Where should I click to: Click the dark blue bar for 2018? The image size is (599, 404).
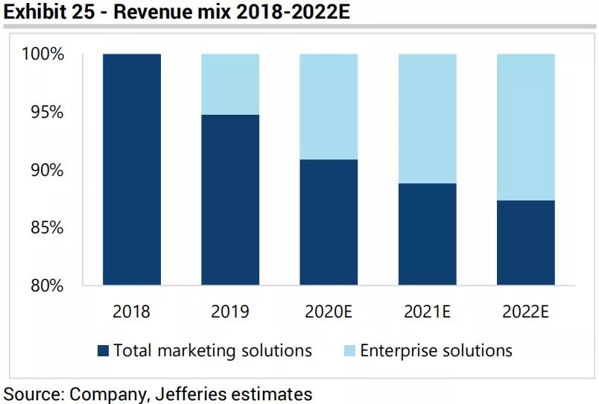(x=131, y=169)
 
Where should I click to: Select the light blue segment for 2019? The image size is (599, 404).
(x=230, y=84)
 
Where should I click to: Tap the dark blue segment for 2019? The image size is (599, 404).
(x=230, y=200)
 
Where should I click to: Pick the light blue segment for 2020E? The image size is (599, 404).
(x=329, y=107)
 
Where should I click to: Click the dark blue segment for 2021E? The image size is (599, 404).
(x=427, y=234)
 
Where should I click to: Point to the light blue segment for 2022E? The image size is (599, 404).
(x=525, y=127)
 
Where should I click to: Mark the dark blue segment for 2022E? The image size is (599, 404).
(x=525, y=242)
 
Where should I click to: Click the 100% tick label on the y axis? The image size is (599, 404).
(x=44, y=54)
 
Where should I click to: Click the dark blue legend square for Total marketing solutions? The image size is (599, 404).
(x=103, y=350)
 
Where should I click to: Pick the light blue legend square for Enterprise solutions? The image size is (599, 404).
(x=349, y=350)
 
